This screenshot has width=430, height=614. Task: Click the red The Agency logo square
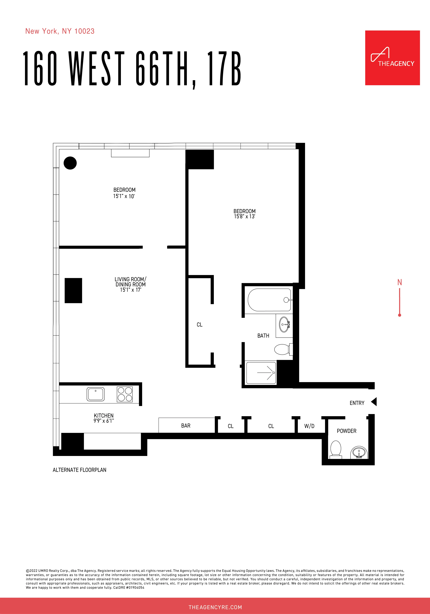392,58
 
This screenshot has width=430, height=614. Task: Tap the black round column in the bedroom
70,163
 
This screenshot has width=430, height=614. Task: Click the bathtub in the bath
269,300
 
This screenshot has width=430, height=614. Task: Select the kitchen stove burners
125,394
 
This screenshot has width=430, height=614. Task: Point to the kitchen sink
95,394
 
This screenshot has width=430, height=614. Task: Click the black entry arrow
374,402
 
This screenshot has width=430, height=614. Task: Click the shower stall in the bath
261,373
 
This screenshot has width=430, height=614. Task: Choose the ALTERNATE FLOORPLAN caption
79,470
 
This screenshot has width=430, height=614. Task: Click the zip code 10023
85,31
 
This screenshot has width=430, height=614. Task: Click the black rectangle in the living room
73,290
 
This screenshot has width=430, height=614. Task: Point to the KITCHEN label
104,416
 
